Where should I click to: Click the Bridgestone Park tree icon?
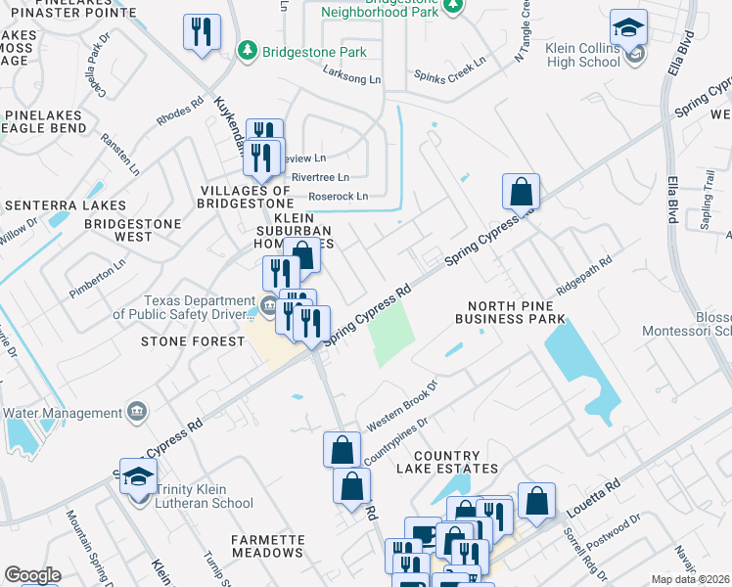click(249, 49)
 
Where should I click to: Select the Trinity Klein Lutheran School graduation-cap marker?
click(139, 477)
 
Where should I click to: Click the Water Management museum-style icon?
click(136, 410)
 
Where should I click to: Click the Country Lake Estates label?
click(447, 463)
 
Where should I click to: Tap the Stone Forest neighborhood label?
click(193, 341)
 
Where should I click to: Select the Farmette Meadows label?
click(267, 546)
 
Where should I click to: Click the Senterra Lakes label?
click(65, 205)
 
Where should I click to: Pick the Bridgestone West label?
click(133, 230)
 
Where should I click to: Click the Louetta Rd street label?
click(594, 497)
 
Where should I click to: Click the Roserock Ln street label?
click(336, 196)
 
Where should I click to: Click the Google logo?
click(31, 576)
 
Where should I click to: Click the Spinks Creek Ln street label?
click(449, 69)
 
